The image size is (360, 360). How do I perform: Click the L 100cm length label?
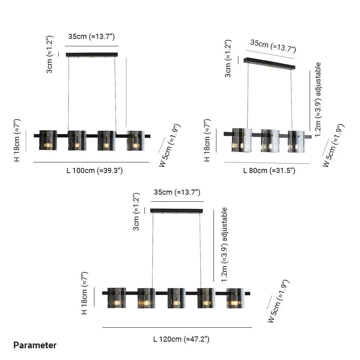click(95, 170)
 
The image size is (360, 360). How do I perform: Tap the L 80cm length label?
click(269, 170)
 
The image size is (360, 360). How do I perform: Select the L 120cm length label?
click(181, 339)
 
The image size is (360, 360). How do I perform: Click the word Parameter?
click(35, 345)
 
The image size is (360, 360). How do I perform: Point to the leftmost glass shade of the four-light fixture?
click(48, 140)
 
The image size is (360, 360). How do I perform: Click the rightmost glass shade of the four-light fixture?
click(136, 140)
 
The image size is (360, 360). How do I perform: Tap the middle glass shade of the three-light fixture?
click(270, 141)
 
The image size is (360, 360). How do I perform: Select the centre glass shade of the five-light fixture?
click(176, 298)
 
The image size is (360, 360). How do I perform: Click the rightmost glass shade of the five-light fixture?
click(235, 298)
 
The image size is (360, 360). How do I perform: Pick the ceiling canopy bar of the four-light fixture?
click(92, 55)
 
